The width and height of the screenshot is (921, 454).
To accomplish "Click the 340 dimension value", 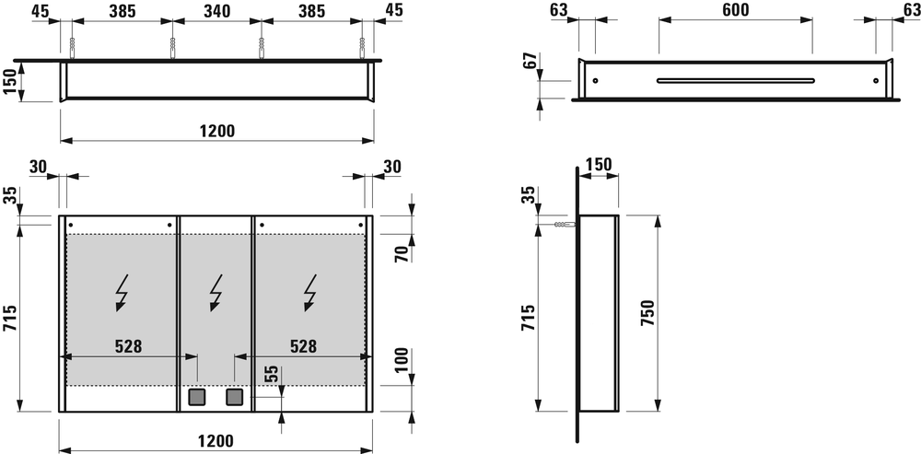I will click(x=215, y=12).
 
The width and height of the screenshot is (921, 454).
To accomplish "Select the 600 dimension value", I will click(x=735, y=10).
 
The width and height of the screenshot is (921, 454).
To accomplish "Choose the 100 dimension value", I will click(x=402, y=361).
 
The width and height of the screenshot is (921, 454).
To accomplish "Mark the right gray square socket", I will click(x=234, y=398).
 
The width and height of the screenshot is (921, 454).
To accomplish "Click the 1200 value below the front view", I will click(x=216, y=440).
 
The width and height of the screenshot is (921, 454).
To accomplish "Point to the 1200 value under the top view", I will click(x=216, y=131).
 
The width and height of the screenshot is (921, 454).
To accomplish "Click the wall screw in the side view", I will click(x=563, y=224).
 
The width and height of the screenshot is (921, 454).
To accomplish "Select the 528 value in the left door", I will click(x=128, y=346).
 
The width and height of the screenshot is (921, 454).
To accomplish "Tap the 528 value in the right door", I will click(x=304, y=346).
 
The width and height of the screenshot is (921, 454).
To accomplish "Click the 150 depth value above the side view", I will click(x=599, y=165).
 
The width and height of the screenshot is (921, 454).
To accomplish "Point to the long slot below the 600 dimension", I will click(x=735, y=80).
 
